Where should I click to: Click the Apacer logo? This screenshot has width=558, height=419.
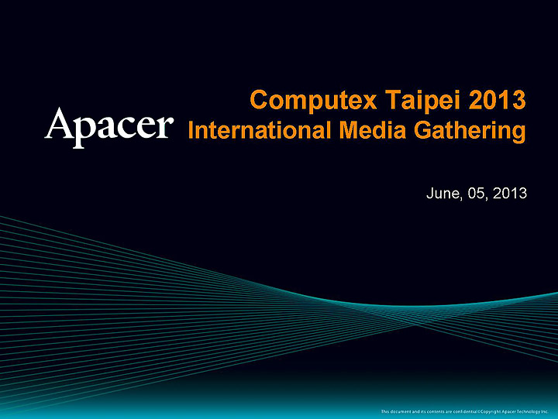[x=108, y=126]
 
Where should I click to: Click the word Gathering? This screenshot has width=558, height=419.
[x=472, y=130]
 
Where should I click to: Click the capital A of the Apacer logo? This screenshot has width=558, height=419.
[x=60, y=125]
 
